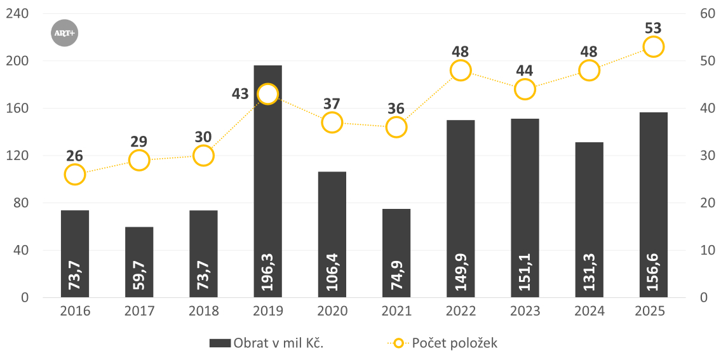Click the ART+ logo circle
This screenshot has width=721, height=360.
click(x=64, y=33)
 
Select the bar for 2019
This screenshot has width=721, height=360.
click(x=267, y=190)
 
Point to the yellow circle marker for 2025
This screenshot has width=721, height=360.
click(x=653, y=46)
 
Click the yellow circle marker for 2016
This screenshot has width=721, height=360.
click(x=74, y=174)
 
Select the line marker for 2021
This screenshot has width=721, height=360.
click(x=396, y=127)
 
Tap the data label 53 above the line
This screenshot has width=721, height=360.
click(x=653, y=28)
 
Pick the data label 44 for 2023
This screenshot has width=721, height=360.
click(x=524, y=70)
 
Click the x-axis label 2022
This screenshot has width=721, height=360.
click(x=461, y=311)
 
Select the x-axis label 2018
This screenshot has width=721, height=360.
click(x=203, y=311)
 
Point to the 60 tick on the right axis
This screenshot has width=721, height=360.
click(x=703, y=13)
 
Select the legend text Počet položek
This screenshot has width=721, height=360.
click(x=455, y=343)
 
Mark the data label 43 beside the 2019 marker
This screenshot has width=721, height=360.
click(x=240, y=93)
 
